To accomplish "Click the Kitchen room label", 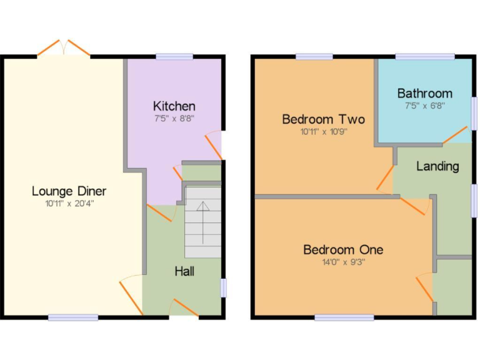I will [174, 106].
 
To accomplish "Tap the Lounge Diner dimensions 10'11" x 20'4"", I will [69, 203].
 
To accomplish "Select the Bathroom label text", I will [425, 94].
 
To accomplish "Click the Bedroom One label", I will [343, 250].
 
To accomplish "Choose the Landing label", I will [437, 166].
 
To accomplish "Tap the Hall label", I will [184, 271].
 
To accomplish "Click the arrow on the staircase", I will [203, 222].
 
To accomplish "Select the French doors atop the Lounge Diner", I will [64, 49].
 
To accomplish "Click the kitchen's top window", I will [174, 57].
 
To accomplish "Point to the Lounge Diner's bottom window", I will [73, 317].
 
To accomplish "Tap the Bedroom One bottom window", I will [344, 317].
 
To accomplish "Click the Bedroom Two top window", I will [314, 57].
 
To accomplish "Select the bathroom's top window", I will [425, 57].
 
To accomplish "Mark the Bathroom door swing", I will [455, 135].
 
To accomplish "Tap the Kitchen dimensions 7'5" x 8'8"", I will [174, 118].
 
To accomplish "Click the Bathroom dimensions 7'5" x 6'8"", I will [425, 106].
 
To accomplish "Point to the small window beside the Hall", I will [223, 288].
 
